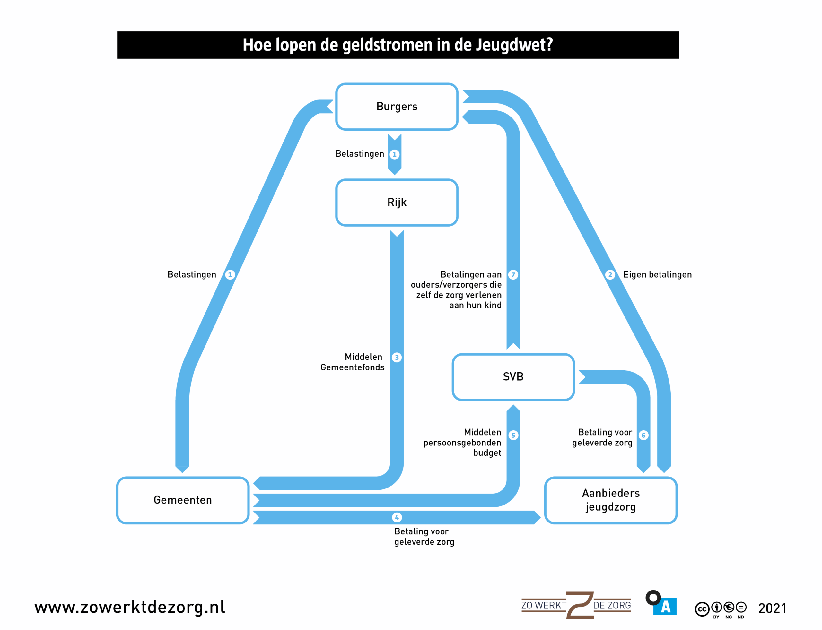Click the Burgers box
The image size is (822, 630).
click(x=397, y=107)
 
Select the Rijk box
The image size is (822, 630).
click(x=397, y=203)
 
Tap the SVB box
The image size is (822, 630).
click(x=513, y=377)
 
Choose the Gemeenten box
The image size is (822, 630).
click(x=183, y=500)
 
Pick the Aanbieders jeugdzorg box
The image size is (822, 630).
click(x=610, y=500)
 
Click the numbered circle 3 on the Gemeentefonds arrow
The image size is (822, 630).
click(x=397, y=358)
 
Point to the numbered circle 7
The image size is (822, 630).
click(x=513, y=275)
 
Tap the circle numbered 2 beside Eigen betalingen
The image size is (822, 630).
click(x=610, y=275)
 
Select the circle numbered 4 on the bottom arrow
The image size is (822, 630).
click(x=397, y=517)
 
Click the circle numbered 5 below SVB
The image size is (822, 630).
click(x=513, y=436)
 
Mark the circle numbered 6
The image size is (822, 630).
click(x=643, y=436)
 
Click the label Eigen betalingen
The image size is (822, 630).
click(x=657, y=275)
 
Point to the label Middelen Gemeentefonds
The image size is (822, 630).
click(x=353, y=362)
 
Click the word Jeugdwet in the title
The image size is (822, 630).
click(x=514, y=45)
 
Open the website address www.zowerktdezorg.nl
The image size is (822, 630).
click(x=130, y=607)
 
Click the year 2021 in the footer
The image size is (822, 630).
click(x=772, y=608)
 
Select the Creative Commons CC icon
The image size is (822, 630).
click(x=702, y=609)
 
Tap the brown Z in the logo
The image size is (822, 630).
click(x=580, y=605)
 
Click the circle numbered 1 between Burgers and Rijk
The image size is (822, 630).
click(x=394, y=154)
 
